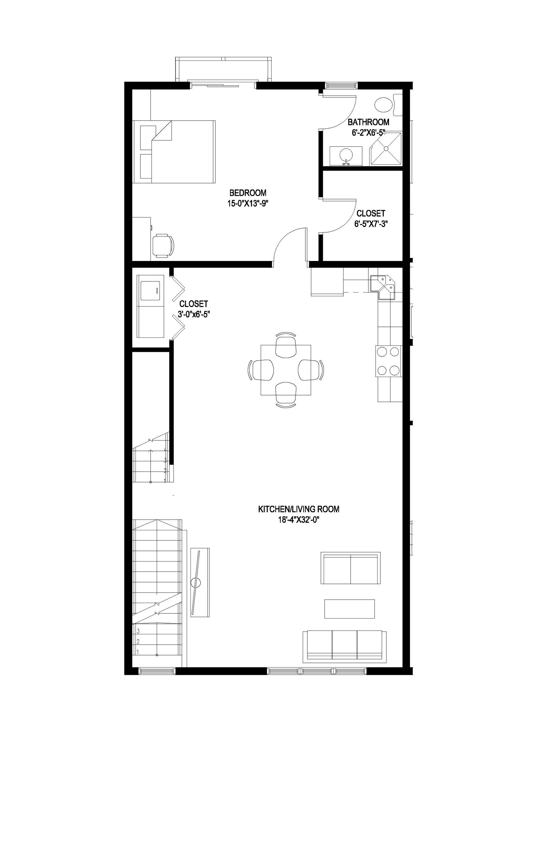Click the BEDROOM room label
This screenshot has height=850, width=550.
[247, 193]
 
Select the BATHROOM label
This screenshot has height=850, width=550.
[368, 122]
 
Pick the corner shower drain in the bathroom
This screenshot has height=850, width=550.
[386, 148]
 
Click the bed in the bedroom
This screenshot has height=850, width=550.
[174, 152]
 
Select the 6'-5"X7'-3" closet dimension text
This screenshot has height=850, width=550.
[371, 224]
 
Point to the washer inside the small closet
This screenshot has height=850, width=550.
[150, 290]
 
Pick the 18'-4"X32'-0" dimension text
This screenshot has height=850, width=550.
[298, 520]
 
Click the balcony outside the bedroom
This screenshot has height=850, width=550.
[223, 70]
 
